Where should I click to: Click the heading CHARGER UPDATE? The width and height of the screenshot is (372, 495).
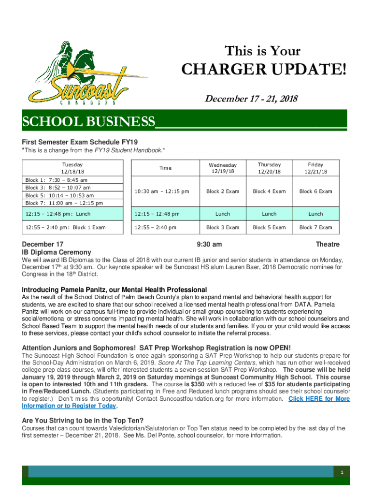coord(264,71)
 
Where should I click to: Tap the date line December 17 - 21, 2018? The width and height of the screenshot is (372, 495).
coord(251,99)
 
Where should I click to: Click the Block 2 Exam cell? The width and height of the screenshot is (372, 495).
coord(223,191)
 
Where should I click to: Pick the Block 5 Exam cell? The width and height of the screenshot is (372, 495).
coord(269,227)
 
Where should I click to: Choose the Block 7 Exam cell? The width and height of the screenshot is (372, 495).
coord(315,227)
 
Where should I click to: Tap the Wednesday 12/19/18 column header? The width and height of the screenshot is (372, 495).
coord(223,168)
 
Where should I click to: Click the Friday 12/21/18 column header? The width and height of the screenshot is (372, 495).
coord(315,168)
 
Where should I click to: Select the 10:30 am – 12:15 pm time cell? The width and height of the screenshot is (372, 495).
coord(162,191)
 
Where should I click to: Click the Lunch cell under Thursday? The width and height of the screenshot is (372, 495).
coord(269,214)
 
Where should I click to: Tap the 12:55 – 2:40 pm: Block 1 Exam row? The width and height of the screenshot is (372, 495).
coord(66,227)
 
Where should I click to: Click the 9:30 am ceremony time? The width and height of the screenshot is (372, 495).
coord(210,245)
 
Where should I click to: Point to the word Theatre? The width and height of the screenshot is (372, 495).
coord(328,245)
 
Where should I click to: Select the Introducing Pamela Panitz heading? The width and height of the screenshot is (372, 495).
coord(114,290)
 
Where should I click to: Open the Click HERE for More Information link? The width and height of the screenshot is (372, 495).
coord(319,399)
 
